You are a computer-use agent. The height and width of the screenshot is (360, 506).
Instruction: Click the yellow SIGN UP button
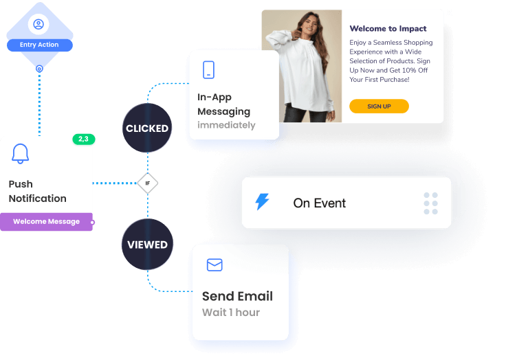click(379, 106)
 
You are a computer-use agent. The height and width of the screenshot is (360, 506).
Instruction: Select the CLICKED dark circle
click(147, 128)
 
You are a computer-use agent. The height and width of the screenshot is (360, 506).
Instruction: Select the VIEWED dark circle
click(147, 245)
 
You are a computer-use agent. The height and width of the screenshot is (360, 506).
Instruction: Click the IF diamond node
click(147, 183)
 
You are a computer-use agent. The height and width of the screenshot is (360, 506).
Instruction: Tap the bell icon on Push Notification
click(21, 155)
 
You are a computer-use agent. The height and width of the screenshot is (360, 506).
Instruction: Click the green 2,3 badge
click(83, 139)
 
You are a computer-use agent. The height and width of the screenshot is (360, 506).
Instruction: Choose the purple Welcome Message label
click(46, 222)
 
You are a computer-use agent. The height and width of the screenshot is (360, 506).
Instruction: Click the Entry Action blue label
click(39, 45)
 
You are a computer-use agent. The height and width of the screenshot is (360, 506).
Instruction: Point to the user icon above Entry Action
click(39, 24)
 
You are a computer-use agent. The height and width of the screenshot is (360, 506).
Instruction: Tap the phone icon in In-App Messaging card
click(208, 69)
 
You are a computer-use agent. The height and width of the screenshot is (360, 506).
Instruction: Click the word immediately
click(226, 125)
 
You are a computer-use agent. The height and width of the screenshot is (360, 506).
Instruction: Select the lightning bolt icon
click(263, 202)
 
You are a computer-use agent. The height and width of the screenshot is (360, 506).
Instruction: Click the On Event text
click(320, 203)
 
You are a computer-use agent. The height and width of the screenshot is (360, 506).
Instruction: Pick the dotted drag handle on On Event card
click(430, 203)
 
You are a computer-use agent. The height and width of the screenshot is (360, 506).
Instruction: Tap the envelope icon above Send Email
click(214, 265)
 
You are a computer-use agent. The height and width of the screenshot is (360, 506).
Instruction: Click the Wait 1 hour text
click(231, 313)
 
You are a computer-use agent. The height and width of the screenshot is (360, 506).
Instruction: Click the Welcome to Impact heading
click(388, 29)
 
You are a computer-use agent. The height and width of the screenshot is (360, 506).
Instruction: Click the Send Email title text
click(237, 296)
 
